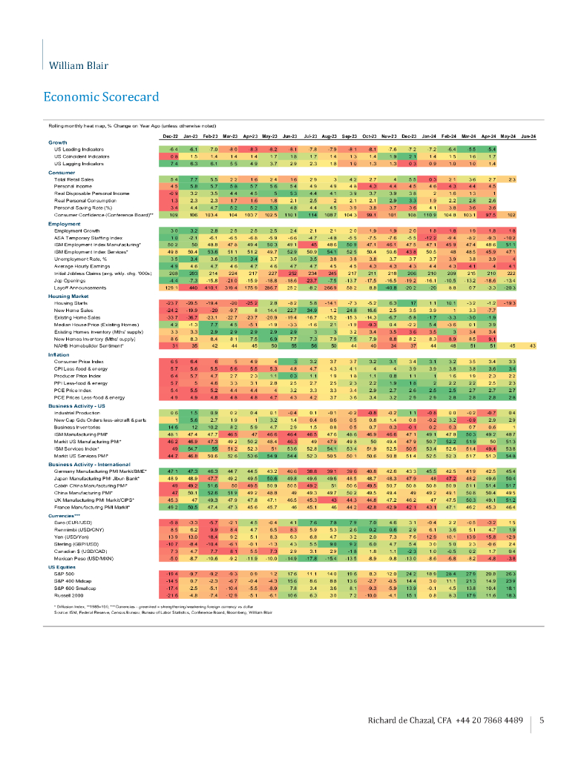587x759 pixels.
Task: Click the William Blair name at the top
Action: pyautogui.click(x=76, y=65)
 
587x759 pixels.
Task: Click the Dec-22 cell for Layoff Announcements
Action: pyautogui.click(x=172, y=288)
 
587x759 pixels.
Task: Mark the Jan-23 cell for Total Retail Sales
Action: pyautogui.click(x=191, y=179)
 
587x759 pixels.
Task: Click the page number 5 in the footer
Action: pyautogui.click(x=542, y=720)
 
